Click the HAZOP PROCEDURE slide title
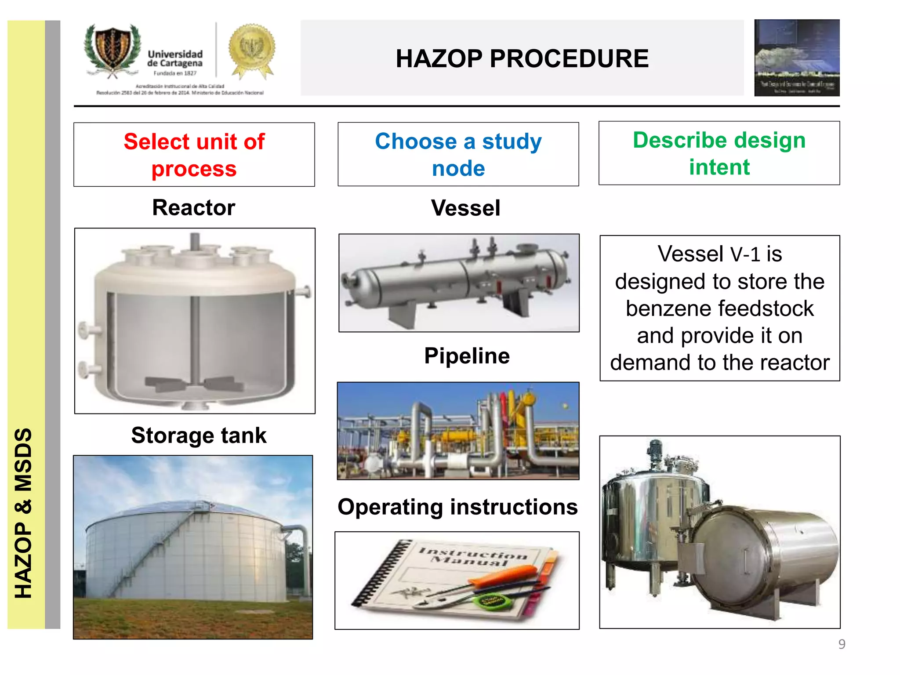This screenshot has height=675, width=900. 522,58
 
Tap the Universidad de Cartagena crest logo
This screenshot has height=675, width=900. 113,51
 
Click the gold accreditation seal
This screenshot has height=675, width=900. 252,49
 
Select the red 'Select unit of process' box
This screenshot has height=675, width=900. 194,155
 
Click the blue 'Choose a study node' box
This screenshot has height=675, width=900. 458,154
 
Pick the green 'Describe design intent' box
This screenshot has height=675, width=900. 719,153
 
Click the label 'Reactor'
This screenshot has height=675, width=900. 193,207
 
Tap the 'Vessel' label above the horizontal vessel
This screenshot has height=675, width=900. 465,208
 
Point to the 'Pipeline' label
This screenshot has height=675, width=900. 467,356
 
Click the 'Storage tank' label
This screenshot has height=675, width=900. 199,435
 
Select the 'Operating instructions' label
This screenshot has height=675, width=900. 457,507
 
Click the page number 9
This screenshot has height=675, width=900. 842,644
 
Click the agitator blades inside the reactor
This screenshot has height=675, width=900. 194,384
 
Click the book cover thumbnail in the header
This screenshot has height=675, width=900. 797,58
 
